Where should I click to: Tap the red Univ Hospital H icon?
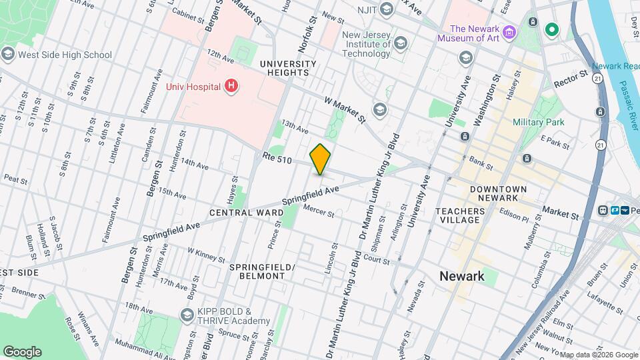[x=231, y=85]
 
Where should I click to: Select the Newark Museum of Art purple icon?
[x=510, y=33]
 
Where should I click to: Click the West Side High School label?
[x=65, y=55]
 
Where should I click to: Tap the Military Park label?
[x=538, y=122]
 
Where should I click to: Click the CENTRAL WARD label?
[x=246, y=213]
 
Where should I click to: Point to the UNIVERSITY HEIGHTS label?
[x=284, y=67]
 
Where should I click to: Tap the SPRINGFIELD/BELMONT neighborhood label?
[x=261, y=271]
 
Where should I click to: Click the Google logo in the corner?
[x=22, y=351]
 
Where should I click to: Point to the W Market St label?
[x=345, y=110]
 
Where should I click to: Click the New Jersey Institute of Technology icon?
[x=401, y=45]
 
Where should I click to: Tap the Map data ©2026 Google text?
[x=597, y=355]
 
